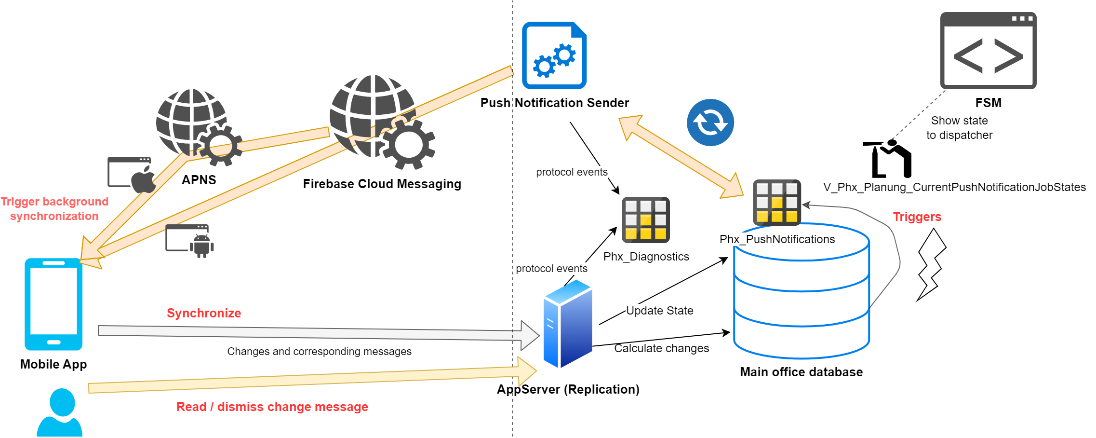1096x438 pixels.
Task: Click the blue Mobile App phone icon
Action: click(x=53, y=304)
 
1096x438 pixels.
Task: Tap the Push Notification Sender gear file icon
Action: click(x=554, y=55)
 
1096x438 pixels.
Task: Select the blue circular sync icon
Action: click(x=710, y=123)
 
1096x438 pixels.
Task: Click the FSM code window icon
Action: click(x=988, y=51)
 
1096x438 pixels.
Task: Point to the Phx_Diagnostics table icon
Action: click(x=645, y=220)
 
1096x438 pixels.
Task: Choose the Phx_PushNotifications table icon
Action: click(x=776, y=203)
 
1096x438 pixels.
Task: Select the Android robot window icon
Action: click(x=189, y=241)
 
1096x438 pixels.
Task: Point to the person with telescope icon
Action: click(x=888, y=159)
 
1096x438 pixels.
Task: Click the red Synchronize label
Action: click(x=204, y=313)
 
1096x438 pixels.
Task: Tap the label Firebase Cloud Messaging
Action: click(x=382, y=184)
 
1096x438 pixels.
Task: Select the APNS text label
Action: click(x=199, y=180)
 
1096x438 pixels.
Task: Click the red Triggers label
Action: click(x=917, y=217)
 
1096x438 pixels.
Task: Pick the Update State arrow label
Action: click(x=659, y=311)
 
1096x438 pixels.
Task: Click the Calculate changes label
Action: click(x=661, y=348)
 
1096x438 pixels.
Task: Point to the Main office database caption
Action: click(x=801, y=372)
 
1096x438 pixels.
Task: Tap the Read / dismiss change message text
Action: click(x=272, y=407)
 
